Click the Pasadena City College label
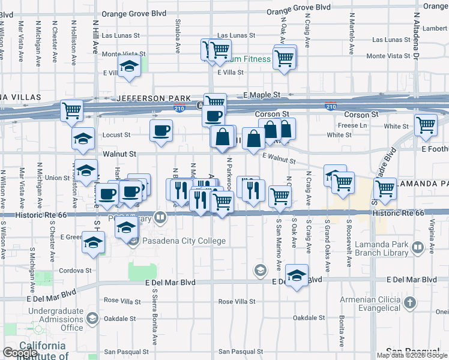point(184,241)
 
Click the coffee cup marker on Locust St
point(161,131)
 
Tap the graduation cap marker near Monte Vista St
point(128,67)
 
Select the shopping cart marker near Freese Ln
point(426,125)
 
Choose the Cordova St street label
point(75,271)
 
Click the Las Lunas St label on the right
point(391,40)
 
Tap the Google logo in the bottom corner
point(20,353)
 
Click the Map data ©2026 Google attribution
point(412,355)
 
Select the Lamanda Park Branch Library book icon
point(419,246)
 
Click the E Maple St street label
point(262,95)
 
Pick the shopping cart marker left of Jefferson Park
point(71,110)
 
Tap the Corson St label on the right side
point(361,114)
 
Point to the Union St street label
point(57,178)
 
